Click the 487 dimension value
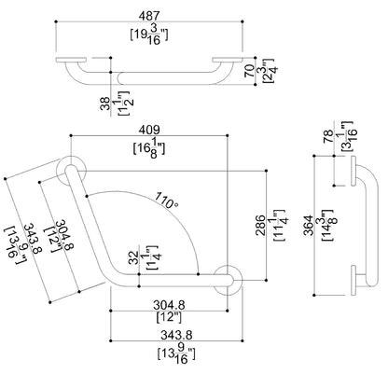tap(149, 16)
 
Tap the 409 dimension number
tap(149, 130)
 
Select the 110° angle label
tap(167, 201)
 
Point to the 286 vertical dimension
tap(261, 225)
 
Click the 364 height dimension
tap(309, 225)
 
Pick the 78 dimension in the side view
tap(328, 137)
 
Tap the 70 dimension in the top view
tap(249, 71)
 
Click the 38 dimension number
tap(105, 104)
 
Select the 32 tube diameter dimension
tap(134, 257)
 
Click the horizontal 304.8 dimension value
tap(169, 305)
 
